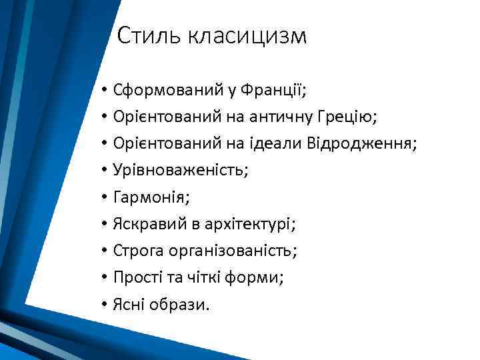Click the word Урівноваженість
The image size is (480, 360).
tap(181, 170)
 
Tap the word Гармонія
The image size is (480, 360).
tap(146, 197)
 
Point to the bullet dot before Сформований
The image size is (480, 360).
tap(105, 90)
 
